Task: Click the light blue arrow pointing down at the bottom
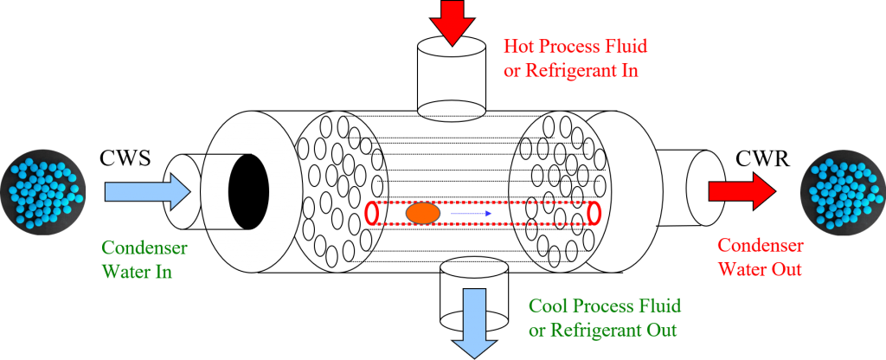pyautogui.click(x=475, y=320)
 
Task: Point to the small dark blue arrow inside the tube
pyautogui.click(x=472, y=213)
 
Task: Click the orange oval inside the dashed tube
pyautogui.click(x=423, y=213)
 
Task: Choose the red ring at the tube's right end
pyautogui.click(x=594, y=212)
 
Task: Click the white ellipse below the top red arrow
pyautogui.click(x=452, y=111)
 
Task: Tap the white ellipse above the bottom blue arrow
pyautogui.click(x=474, y=267)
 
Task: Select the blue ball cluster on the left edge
pyautogui.click(x=42, y=190)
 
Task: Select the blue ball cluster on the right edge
pyautogui.click(x=840, y=191)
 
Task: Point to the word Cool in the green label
pyautogui.click(x=546, y=306)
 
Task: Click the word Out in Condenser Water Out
pyautogui.click(x=787, y=269)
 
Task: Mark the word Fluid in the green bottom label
pyautogui.click(x=661, y=306)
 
